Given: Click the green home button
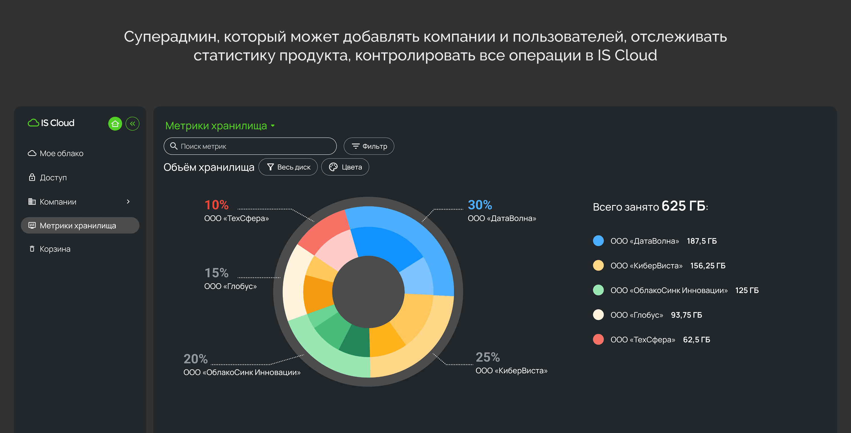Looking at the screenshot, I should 115,124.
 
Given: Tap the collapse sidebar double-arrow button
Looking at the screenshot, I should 132,124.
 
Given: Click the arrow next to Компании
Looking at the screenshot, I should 128,202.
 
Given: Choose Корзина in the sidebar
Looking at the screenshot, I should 55,249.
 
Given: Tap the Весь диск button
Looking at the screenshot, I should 288,167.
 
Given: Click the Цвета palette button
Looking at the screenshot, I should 345,167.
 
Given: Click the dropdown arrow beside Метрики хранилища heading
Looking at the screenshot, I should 273,126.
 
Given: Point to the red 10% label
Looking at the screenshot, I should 216,205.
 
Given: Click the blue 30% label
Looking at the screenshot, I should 480,205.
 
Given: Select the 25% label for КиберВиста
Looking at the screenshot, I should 488,357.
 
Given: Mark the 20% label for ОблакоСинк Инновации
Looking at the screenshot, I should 195,359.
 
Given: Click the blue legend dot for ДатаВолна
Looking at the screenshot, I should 598,241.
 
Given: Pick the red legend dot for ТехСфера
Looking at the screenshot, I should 598,339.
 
